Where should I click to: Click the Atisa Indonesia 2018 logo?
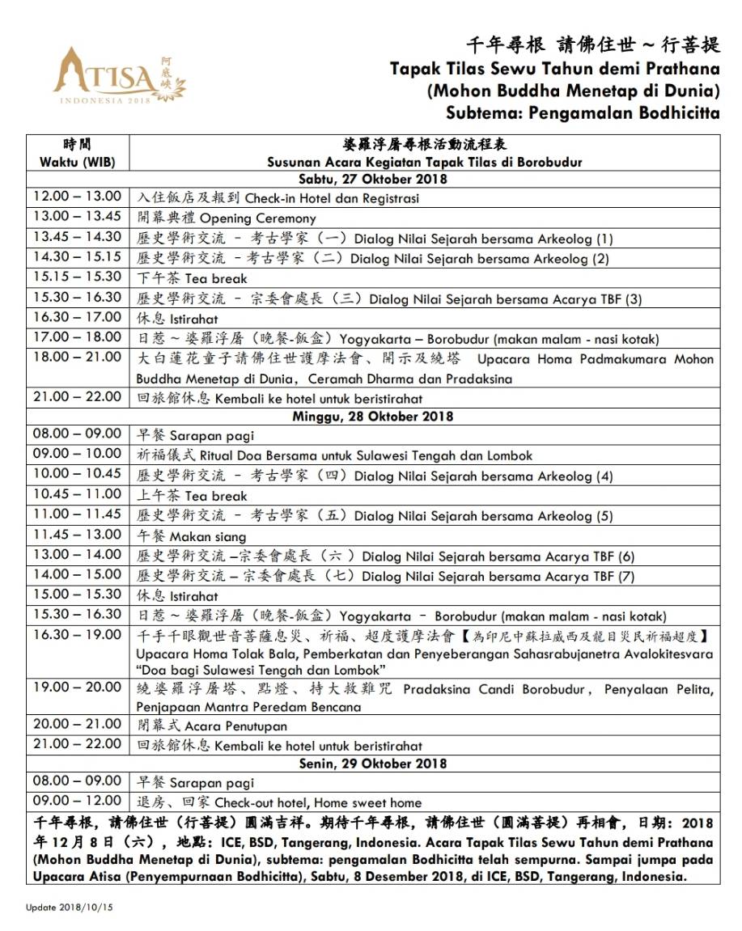pyautogui.click(x=118, y=81)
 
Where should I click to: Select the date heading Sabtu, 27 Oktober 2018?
pyautogui.click(x=372, y=179)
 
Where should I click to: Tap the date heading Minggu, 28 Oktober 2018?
pyautogui.click(x=372, y=417)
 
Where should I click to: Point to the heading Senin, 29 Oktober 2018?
pyautogui.click(x=372, y=764)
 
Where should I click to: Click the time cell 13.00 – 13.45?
pyautogui.click(x=77, y=217)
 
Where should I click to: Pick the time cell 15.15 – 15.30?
pyautogui.click(x=77, y=277)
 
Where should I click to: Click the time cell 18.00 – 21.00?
pyautogui.click(x=77, y=357)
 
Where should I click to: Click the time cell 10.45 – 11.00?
pyautogui.click(x=77, y=494)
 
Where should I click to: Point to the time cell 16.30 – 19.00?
pyautogui.click(x=77, y=634)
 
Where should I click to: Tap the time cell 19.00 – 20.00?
pyautogui.click(x=77, y=688)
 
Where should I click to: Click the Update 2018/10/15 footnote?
pyautogui.click(x=69, y=908)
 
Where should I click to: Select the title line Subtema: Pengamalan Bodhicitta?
pyautogui.click(x=583, y=112)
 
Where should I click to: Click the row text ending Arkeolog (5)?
pyautogui.click(x=483, y=516)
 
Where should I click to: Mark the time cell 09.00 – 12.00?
pyautogui.click(x=77, y=802)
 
